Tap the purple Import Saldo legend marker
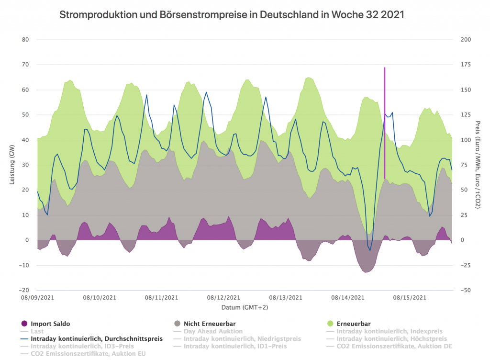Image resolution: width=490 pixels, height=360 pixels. [x=24, y=324]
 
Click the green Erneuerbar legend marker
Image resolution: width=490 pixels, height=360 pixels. [x=331, y=324]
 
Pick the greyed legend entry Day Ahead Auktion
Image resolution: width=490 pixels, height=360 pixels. [x=213, y=331]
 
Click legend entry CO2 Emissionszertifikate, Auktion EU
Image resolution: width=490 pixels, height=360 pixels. [x=88, y=353]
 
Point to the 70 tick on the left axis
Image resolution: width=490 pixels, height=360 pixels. [x=25, y=65]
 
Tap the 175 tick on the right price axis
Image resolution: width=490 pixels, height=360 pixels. [x=464, y=65]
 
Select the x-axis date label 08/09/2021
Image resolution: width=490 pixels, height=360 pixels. [x=37, y=297]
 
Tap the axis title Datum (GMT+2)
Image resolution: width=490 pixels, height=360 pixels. [x=245, y=307]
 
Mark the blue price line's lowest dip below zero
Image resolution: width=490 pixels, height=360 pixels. [x=370, y=250]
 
